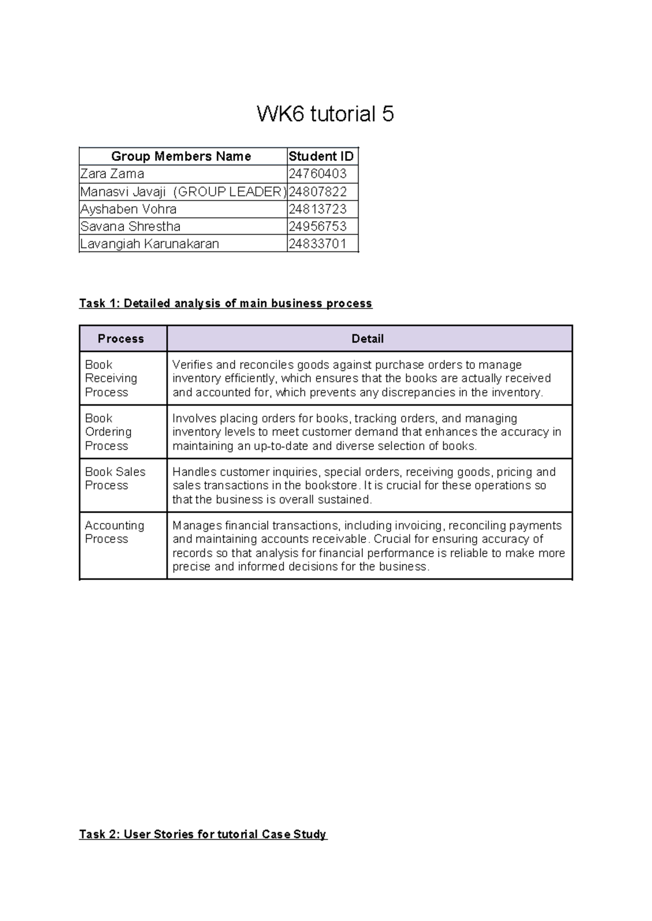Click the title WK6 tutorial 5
tap(325, 114)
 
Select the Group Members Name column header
tap(181, 156)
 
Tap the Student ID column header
tap(321, 156)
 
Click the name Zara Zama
tap(112, 174)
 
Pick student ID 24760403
tap(317, 174)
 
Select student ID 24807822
tap(317, 192)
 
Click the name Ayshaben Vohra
tap(128, 209)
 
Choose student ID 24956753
tap(317, 226)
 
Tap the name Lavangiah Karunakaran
tap(149, 244)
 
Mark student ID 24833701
tap(317, 244)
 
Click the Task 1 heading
tap(225, 304)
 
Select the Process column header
tap(121, 339)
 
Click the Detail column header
tap(367, 339)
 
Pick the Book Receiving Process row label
tap(111, 379)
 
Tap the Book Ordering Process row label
tap(108, 432)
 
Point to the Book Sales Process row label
tap(115, 478)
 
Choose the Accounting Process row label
tap(114, 532)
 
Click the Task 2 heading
tap(203, 835)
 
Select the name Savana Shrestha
tap(130, 226)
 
